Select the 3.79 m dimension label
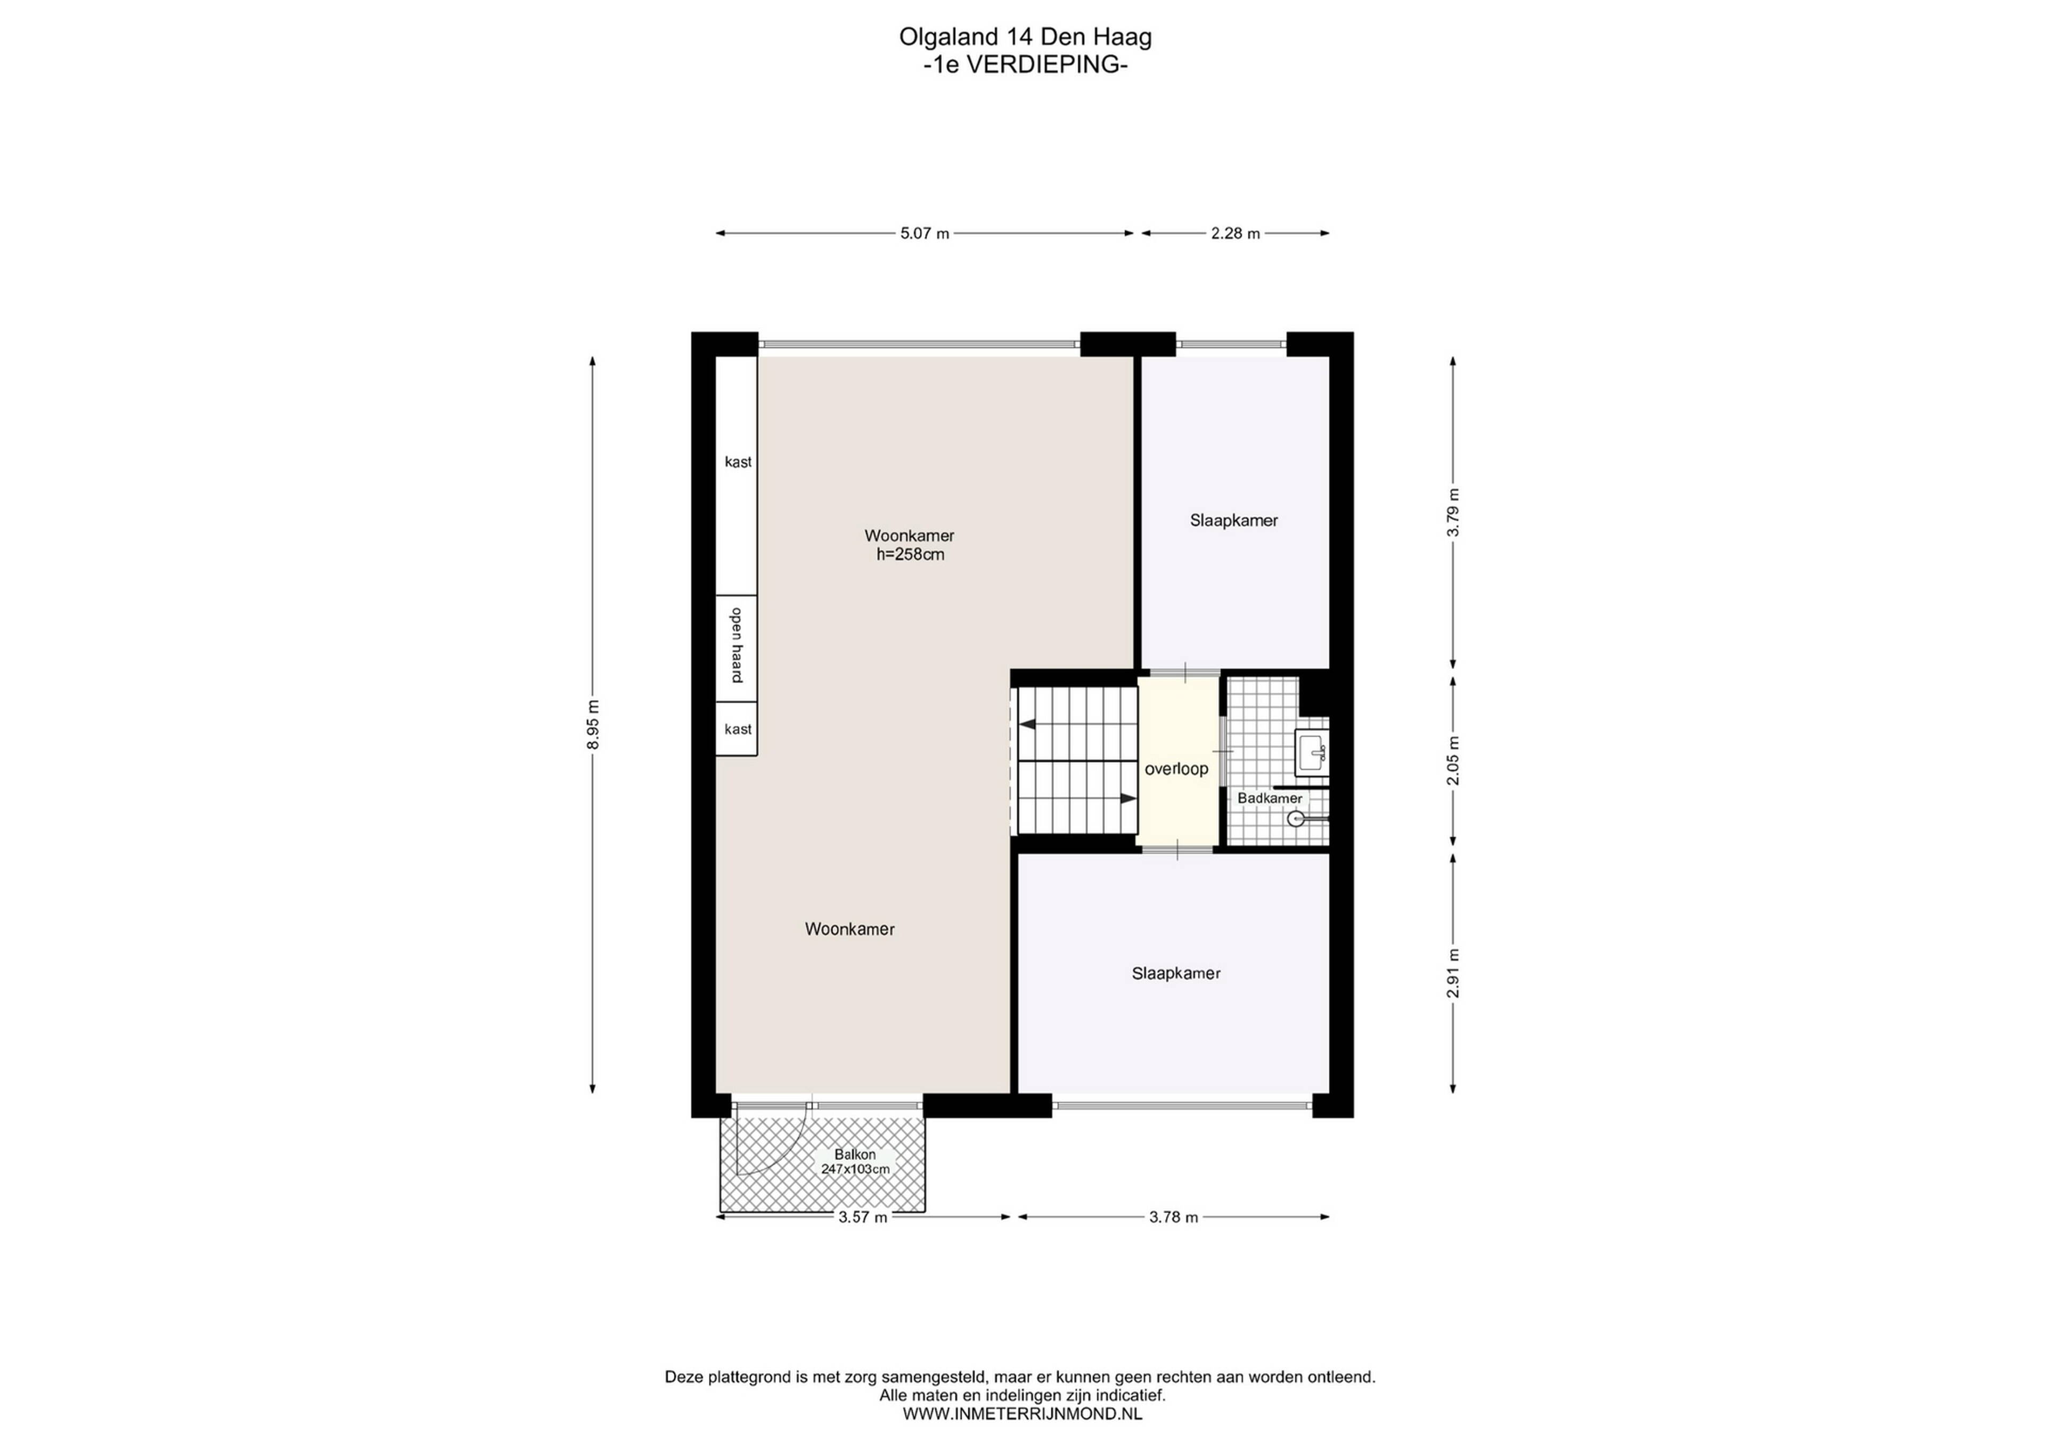tap(1453, 513)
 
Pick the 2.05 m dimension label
tap(1453, 760)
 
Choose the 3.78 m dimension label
tap(1173, 1217)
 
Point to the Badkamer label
tap(1269, 799)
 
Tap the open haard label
tap(738, 645)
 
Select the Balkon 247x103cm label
tap(855, 1162)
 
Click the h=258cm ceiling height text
tap(910, 555)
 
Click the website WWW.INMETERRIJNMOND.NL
tap(1023, 1413)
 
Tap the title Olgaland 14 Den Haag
tap(1025, 37)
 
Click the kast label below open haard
tap(738, 729)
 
